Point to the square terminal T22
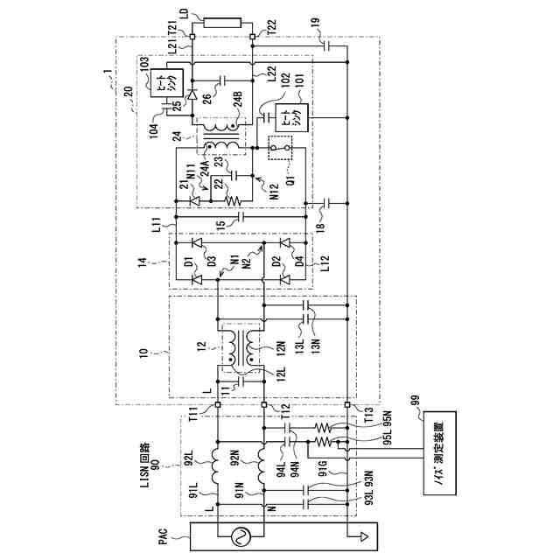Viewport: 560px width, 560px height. coord(253,36)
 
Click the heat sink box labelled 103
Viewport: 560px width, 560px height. coord(163,85)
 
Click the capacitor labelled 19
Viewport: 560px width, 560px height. coord(328,44)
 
